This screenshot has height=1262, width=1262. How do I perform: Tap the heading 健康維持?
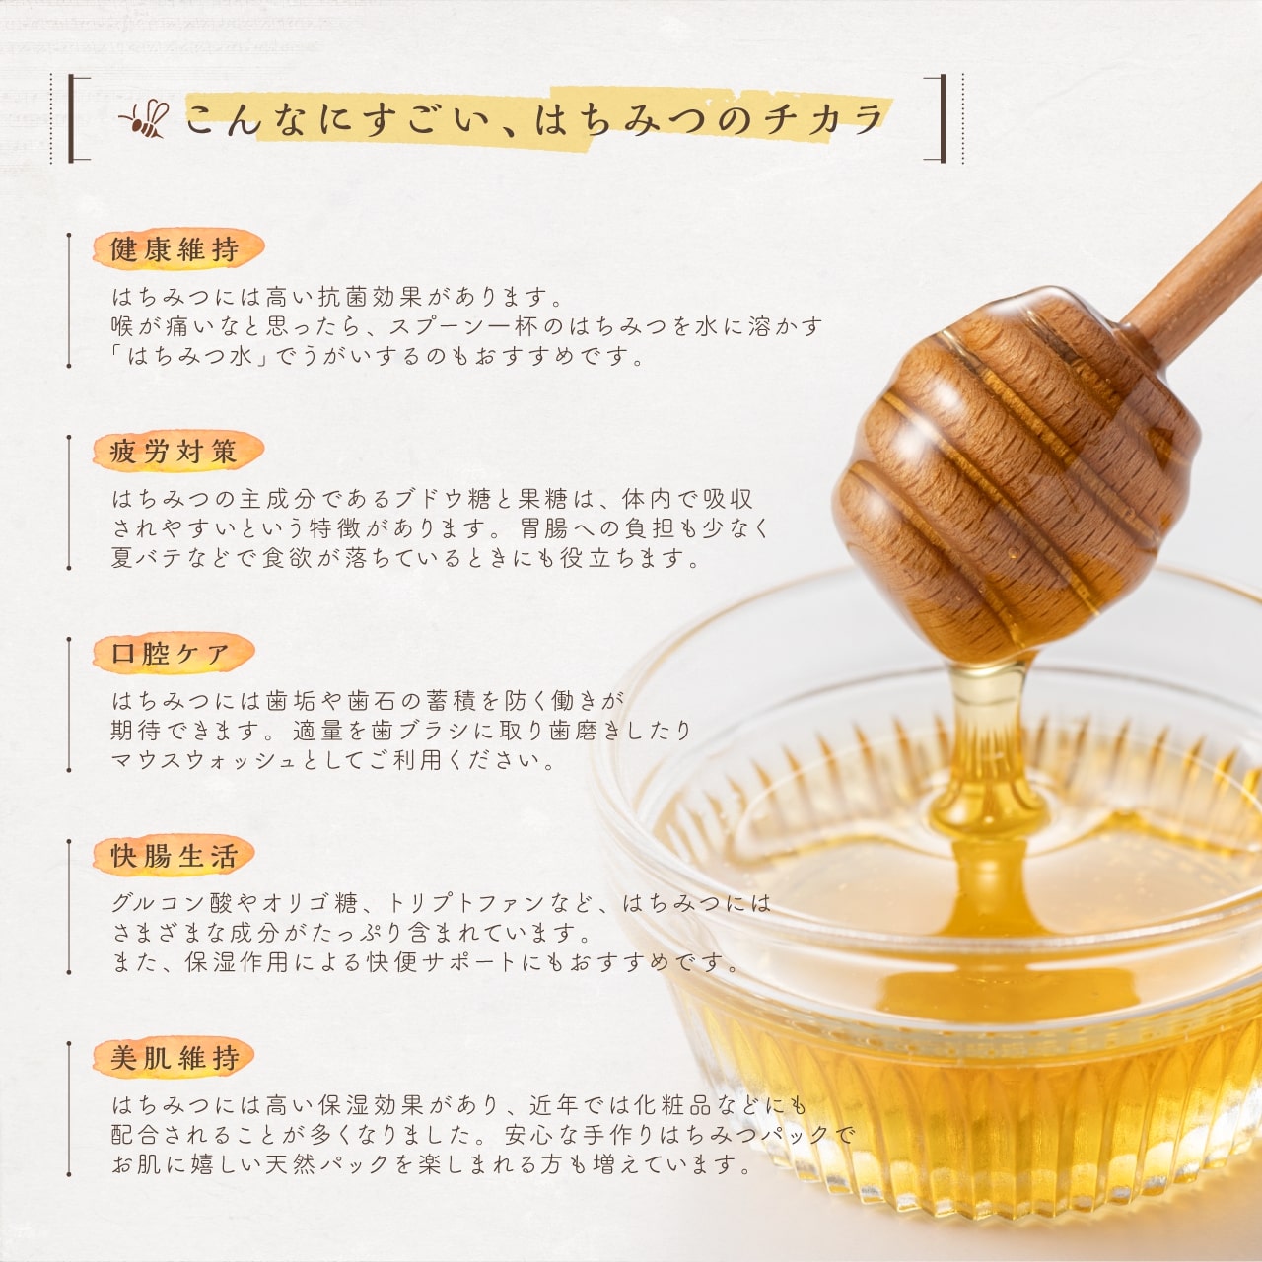[175, 250]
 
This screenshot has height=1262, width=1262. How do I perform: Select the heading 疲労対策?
[175, 452]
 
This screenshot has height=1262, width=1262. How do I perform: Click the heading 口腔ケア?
[171, 654]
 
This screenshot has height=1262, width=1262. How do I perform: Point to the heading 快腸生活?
[175, 856]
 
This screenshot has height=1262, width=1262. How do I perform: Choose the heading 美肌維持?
[175, 1058]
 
